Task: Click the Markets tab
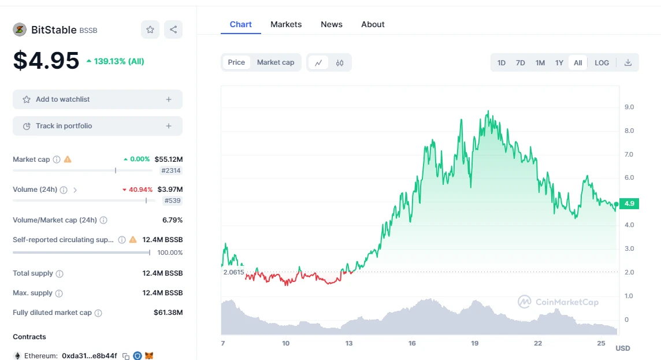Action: pos(286,24)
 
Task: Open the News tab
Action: pos(332,24)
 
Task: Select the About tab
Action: pos(373,24)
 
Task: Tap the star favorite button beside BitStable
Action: pos(150,29)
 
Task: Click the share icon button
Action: pos(173,29)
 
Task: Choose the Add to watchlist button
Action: pos(98,99)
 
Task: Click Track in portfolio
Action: pos(98,126)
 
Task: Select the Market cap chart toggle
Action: pos(276,62)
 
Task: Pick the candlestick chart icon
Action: pos(340,63)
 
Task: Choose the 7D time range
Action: pos(521,63)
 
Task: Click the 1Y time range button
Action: pos(559,63)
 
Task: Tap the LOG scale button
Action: pos(602,63)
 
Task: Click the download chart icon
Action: pos(628,63)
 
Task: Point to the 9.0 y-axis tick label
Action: pos(629,107)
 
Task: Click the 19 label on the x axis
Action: pos(475,343)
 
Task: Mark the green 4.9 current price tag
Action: pos(629,203)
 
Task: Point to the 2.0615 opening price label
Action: pos(233,272)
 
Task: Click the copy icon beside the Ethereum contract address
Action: pos(126,356)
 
